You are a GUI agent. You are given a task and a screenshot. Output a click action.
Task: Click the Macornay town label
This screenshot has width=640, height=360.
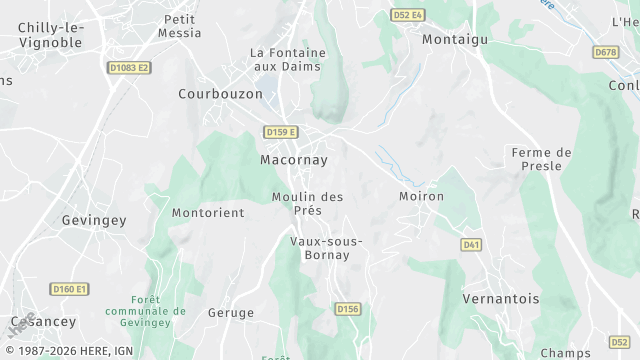293,159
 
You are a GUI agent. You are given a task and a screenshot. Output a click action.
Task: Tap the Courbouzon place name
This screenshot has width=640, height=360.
220,94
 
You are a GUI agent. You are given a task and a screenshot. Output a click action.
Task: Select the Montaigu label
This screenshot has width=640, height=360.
454,40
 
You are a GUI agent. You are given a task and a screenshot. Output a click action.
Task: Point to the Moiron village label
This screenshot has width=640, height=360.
421,196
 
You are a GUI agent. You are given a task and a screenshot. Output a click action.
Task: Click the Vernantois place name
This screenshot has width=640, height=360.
501,299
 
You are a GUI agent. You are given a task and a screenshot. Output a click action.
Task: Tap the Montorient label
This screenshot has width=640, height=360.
208,213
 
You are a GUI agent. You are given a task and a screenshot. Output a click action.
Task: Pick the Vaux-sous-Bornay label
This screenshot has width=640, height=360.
326,248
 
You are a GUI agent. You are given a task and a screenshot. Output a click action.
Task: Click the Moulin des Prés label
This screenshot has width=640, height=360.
307,203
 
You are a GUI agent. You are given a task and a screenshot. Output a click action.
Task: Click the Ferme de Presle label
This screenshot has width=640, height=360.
541,159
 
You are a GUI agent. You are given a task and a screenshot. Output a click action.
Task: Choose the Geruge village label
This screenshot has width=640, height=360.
231,313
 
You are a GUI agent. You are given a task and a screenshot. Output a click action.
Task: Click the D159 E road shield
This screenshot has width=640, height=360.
282,132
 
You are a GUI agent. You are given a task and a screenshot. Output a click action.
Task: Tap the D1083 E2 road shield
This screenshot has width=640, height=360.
128,68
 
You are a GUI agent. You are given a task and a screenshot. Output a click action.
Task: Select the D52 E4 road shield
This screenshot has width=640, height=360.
407,15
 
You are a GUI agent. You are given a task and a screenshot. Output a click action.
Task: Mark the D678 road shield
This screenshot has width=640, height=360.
606,52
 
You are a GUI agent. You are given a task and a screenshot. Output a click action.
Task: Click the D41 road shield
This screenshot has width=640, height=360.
471,244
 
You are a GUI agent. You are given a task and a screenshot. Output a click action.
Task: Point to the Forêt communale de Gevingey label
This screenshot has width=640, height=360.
159,310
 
